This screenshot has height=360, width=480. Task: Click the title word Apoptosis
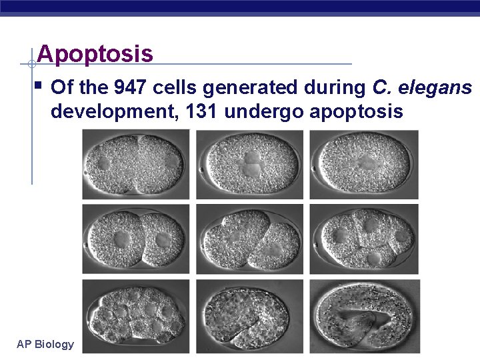click(95, 53)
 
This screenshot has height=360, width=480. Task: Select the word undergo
click(264, 111)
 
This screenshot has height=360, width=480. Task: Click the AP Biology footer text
click(45, 344)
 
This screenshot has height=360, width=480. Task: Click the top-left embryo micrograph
click(136, 164)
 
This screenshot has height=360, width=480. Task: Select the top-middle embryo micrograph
click(249, 164)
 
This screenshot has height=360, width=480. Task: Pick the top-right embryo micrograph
click(364, 164)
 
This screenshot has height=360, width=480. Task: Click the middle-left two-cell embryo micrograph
click(136, 239)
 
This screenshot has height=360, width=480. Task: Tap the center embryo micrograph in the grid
click(249, 239)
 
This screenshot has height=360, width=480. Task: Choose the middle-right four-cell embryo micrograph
click(364, 239)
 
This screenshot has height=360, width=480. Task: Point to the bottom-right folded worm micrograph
click(365, 315)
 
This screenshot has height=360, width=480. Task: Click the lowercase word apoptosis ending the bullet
click(356, 111)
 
